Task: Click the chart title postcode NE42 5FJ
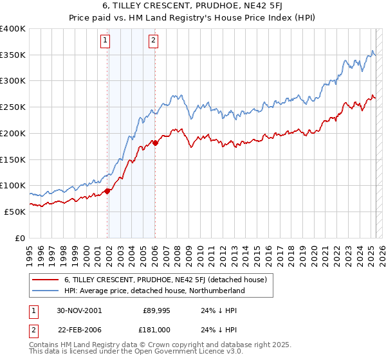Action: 255,7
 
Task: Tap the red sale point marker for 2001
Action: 107,190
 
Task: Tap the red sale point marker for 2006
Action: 155,143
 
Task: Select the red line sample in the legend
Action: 45,280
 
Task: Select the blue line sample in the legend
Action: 45,291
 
